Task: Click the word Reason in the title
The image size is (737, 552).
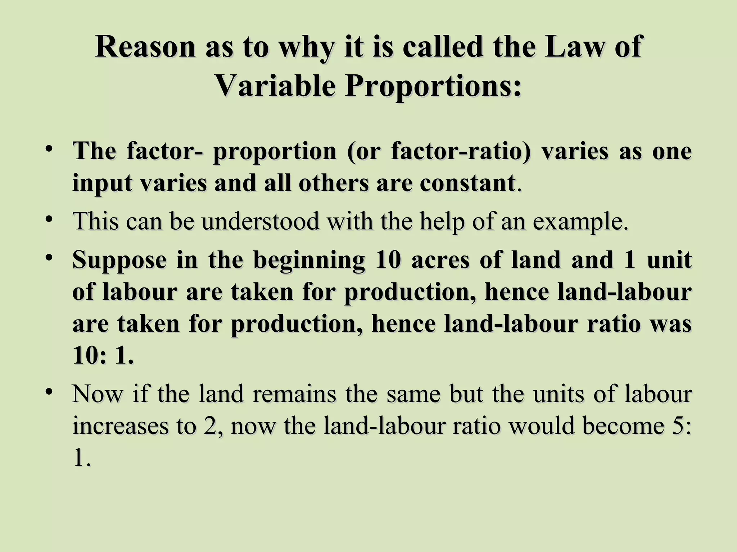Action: pos(145,47)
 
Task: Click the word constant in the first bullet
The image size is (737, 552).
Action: pos(467,183)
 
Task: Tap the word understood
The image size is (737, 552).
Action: pos(260,221)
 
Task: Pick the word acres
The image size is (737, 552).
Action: pos(440,260)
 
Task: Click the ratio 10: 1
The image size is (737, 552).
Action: pos(103,356)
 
